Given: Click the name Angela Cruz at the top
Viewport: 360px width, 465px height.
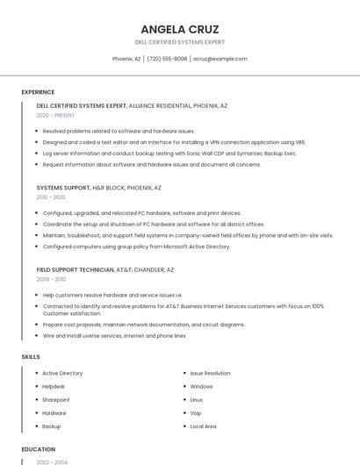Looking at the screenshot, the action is coord(179,29).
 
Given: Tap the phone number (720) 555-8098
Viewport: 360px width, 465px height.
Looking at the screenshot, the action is coord(167,59).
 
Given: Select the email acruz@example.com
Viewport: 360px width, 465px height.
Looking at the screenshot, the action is coord(220,59).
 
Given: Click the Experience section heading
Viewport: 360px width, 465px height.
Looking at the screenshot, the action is coord(38,92).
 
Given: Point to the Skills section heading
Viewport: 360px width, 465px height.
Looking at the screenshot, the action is coord(31,357).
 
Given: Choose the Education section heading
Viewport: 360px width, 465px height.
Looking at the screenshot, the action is coord(39,449).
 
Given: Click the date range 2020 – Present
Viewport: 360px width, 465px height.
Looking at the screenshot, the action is coord(55,115).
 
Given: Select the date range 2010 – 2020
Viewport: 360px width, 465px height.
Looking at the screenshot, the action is coord(51,197).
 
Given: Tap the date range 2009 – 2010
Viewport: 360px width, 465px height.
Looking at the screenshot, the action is coord(51,279).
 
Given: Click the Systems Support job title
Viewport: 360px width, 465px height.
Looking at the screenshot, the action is coord(63,188).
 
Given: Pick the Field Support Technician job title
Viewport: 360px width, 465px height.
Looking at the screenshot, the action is coord(76,270).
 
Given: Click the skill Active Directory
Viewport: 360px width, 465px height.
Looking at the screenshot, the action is coord(62,373).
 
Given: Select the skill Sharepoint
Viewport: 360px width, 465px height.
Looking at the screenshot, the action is coord(56,399).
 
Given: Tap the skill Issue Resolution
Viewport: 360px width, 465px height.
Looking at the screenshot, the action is coord(210,373).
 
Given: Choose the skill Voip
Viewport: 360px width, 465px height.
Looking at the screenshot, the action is coord(196,412).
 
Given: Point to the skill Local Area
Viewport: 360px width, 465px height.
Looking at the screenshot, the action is coord(203,426).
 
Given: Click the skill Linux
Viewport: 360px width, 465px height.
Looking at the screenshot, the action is coord(197,399).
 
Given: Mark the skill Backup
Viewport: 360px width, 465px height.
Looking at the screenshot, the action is coord(52,426).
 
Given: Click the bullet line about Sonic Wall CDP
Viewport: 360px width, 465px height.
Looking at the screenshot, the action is coord(169,153).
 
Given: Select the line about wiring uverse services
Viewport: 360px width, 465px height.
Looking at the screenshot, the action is coord(114,335).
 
